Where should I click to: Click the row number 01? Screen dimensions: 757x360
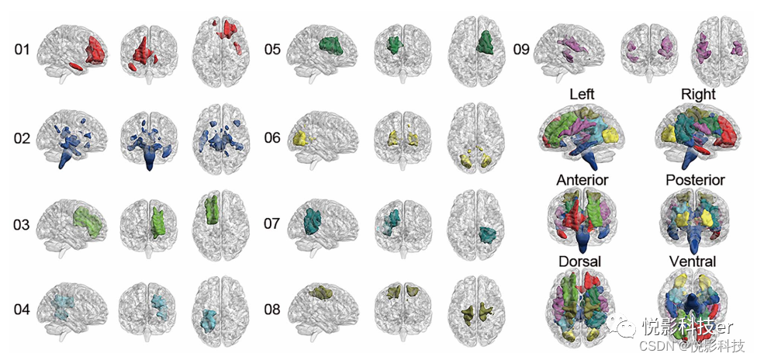(x=22, y=50)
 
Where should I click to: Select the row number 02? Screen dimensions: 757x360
(x=22, y=139)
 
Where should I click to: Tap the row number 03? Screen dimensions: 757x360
(x=22, y=225)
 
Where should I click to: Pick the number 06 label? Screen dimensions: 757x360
(x=271, y=139)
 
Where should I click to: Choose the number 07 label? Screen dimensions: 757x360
(x=271, y=225)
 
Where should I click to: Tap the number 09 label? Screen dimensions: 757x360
(x=521, y=50)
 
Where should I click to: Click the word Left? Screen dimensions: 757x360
(x=582, y=94)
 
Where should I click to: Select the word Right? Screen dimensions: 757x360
(x=698, y=94)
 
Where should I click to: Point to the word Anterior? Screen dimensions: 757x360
(x=582, y=180)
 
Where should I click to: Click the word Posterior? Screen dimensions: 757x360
(x=695, y=180)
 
